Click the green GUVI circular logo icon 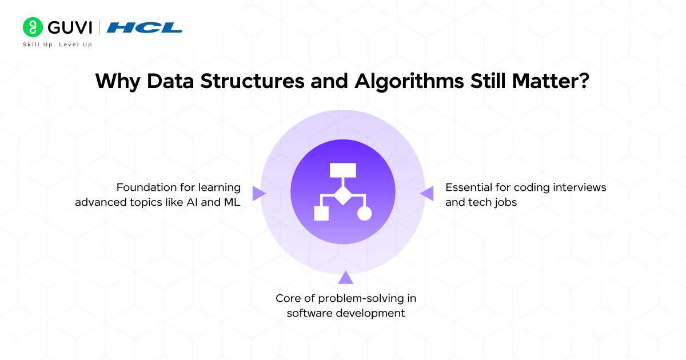pos(33,27)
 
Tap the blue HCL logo pos(145,27)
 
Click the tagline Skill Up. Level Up pos(57,44)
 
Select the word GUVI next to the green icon pos(69,27)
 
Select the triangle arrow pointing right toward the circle pos(259,194)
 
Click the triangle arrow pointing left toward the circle pos(427,194)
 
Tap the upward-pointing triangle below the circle pos(345,278)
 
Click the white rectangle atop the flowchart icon pos(342,170)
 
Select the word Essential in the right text pos(468,187)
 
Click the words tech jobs pos(481,202)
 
